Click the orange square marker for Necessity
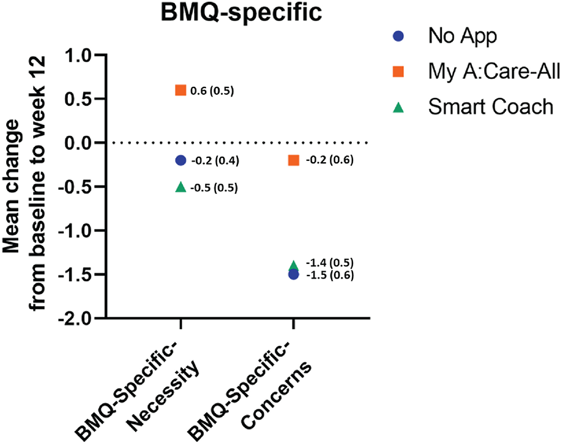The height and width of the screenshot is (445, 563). [x=181, y=91]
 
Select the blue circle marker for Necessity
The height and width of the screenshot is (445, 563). [x=181, y=160]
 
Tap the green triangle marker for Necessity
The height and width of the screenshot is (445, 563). [x=181, y=187]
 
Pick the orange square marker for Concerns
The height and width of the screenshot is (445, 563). [x=294, y=160]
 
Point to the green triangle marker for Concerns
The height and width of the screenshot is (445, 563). [x=294, y=266]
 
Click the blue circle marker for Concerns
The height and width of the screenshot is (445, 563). [x=294, y=275]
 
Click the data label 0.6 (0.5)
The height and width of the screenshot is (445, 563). [x=212, y=91]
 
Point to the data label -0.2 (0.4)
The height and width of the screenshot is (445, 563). [x=215, y=161]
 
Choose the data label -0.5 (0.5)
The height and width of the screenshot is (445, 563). [x=215, y=187]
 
